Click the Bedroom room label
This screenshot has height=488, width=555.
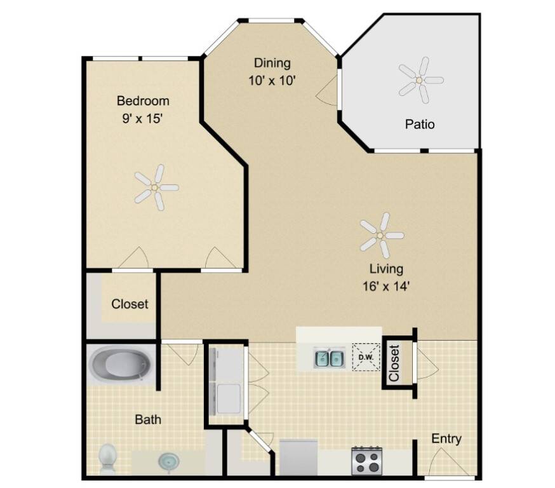point(143,101)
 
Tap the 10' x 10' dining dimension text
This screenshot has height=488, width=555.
point(272,81)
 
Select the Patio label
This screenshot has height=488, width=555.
point(420,125)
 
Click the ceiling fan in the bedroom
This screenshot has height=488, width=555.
point(156,187)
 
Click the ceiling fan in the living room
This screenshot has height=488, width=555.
point(381,235)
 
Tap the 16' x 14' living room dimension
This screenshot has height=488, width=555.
point(386,286)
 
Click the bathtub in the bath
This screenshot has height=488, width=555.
point(121,364)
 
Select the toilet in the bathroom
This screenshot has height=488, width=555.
point(109,459)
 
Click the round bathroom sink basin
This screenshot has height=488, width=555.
point(169,462)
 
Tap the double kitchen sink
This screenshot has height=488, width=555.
point(329,358)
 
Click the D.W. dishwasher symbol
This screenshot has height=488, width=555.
point(366,357)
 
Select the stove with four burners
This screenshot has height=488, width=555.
point(367,461)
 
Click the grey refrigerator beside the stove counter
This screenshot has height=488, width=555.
point(298,457)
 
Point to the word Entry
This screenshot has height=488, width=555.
point(446,439)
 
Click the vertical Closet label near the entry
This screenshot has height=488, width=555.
point(394,363)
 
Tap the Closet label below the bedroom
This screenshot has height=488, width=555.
point(130,304)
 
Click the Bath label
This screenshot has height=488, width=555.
point(148,419)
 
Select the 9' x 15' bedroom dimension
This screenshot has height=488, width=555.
point(142,118)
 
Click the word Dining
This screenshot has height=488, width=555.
point(272,63)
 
